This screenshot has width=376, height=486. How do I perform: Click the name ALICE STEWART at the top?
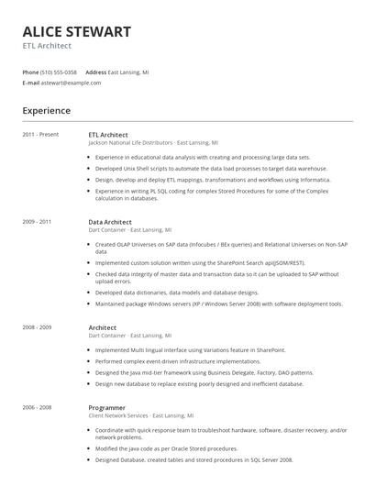pyautogui.click(x=76, y=32)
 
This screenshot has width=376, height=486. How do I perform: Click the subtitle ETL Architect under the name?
pyautogui.click(x=47, y=46)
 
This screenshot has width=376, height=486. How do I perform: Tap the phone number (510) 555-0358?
pyautogui.click(x=60, y=72)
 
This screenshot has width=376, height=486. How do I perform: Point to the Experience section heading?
pyautogui.click(x=46, y=111)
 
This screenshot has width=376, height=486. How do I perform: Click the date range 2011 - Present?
pyautogui.click(x=40, y=135)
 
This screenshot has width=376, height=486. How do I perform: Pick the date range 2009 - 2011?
pyautogui.click(x=37, y=222)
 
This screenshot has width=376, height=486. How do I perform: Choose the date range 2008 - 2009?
pyautogui.click(x=37, y=327)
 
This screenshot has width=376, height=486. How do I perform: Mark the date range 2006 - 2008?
pyautogui.click(x=37, y=407)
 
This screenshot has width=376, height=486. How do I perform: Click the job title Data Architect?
pyautogui.click(x=110, y=222)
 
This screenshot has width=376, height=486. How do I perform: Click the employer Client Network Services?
pyautogui.click(x=118, y=415)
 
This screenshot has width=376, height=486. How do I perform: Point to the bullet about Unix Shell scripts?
pyautogui.click(x=211, y=169)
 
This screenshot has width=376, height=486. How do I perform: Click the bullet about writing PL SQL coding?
pyautogui.click(x=211, y=194)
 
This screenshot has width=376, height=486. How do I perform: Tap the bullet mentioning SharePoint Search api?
pyautogui.click(x=210, y=262)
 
